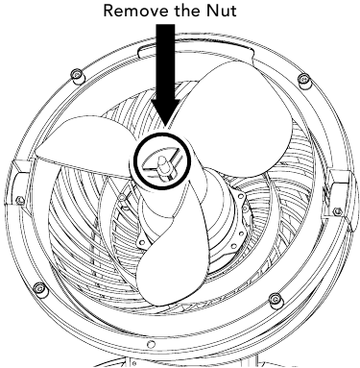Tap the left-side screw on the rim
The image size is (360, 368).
20,201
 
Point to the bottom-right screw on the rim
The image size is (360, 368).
276,296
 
